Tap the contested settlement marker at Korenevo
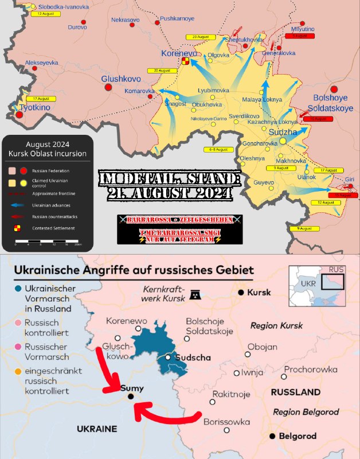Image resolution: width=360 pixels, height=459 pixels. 185,61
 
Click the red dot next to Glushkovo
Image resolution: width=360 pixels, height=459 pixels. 108,87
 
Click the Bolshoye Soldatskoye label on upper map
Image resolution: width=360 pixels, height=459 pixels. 334,103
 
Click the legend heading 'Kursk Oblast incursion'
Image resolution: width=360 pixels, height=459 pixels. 48,154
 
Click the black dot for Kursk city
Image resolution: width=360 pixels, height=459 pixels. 241,293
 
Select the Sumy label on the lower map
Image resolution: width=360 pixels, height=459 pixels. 132,388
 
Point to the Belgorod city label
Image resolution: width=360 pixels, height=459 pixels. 297,436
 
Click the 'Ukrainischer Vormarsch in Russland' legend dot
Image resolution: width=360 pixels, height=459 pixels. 19,289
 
